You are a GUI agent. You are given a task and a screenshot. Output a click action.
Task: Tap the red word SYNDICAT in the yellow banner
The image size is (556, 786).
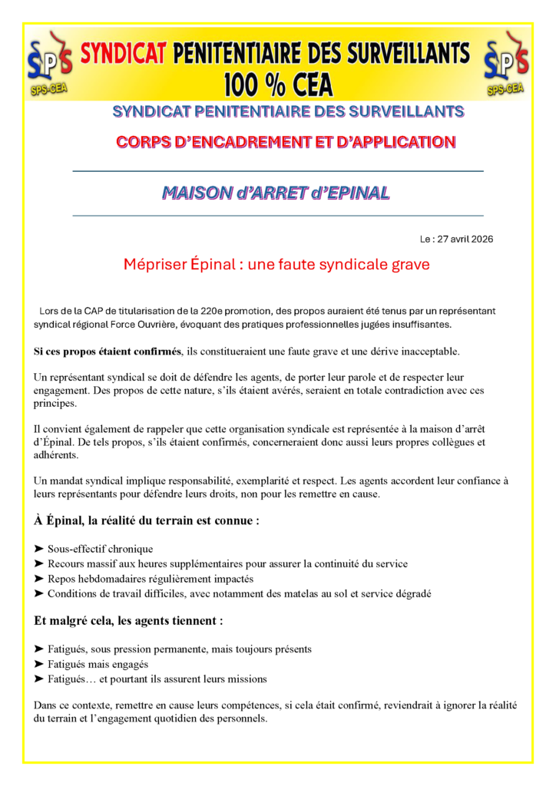124,53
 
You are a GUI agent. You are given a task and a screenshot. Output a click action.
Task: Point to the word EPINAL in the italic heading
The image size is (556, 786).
354,193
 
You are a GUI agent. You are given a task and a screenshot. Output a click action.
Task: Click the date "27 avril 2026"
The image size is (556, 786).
465,239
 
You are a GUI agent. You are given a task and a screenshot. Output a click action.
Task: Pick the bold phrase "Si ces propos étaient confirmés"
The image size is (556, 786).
108,351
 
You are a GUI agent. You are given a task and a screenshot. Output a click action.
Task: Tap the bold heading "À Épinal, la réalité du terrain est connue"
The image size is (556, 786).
146,520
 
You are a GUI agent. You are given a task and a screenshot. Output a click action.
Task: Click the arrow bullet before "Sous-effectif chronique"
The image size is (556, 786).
39,549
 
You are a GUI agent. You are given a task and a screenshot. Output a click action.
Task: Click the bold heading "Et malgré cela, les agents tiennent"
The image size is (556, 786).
129,620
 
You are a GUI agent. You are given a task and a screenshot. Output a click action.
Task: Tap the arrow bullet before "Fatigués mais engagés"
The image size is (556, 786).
39,664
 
